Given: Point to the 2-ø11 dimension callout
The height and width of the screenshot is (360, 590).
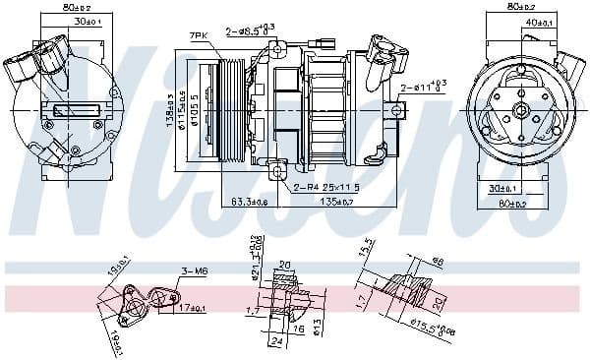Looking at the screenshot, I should (424, 88).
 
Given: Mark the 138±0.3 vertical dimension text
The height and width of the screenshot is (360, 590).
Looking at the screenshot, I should (170, 108).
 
